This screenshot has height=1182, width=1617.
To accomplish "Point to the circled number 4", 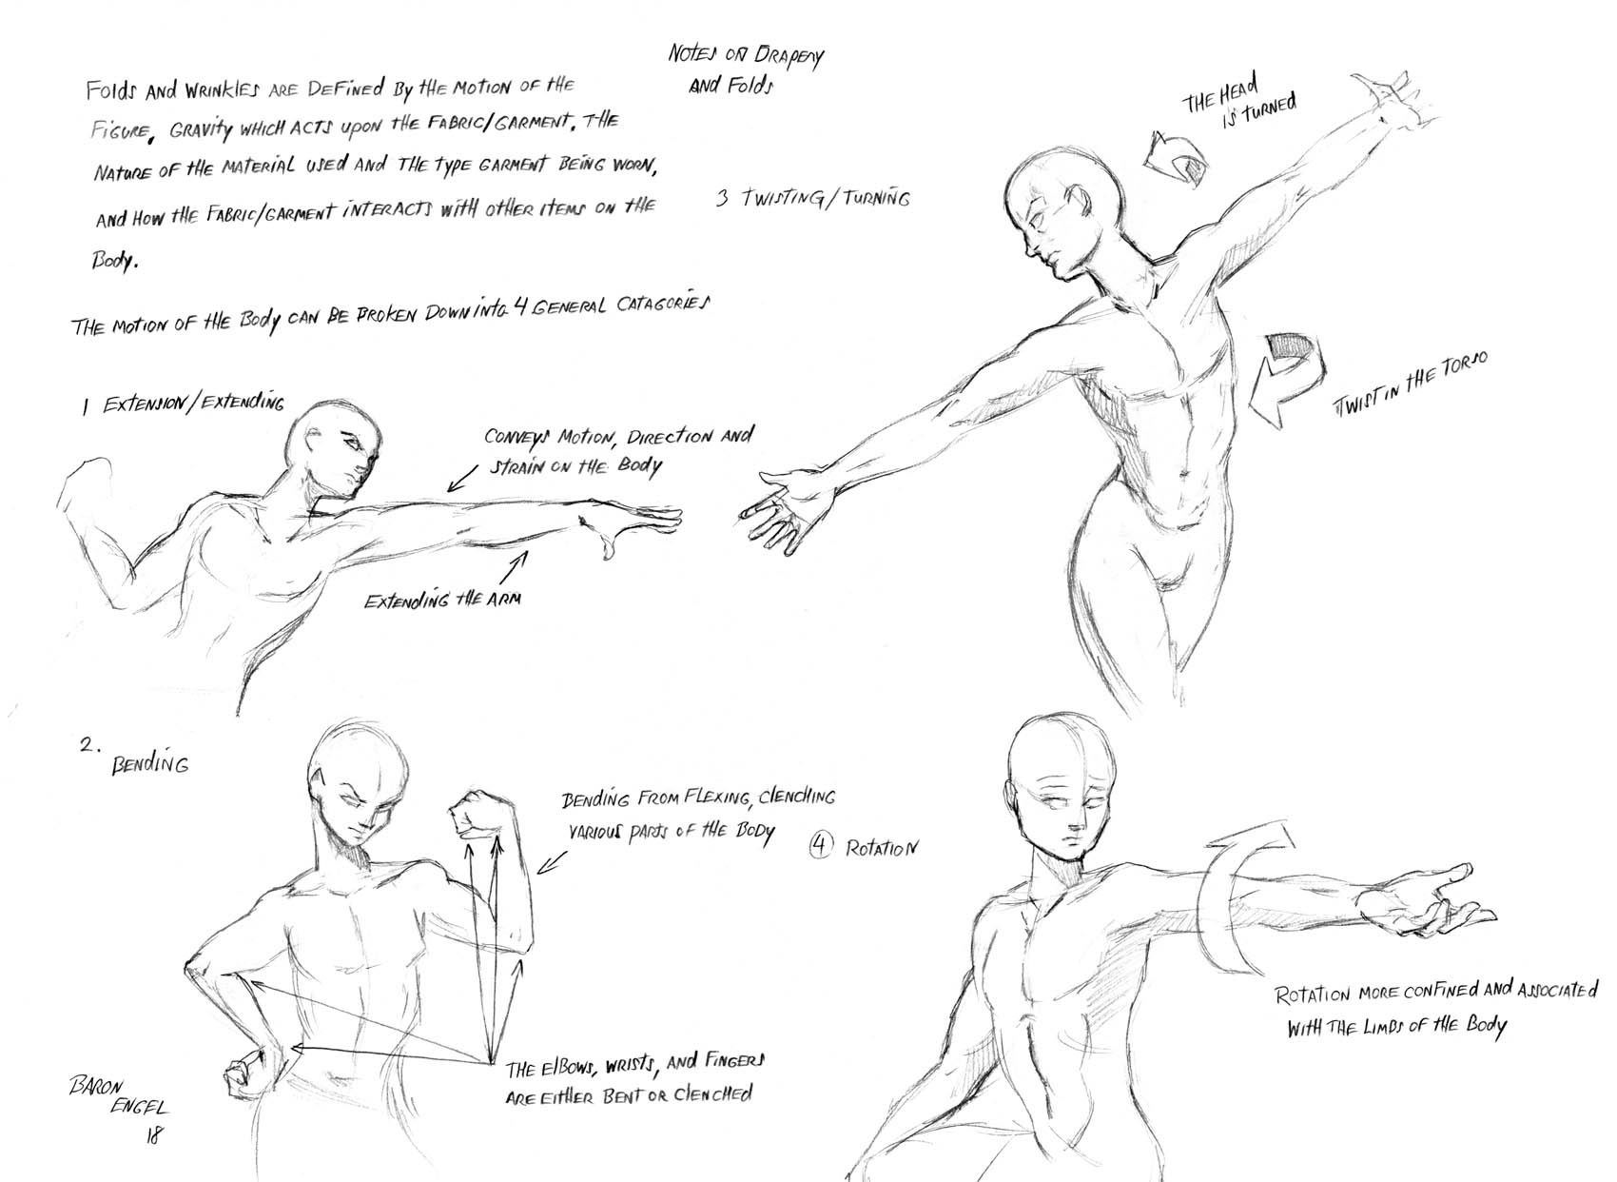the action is pyautogui.click(x=821, y=846).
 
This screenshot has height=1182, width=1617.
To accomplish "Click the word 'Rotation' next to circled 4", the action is pyautogui.click(x=882, y=848).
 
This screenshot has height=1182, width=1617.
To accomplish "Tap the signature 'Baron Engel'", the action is pyautogui.click(x=118, y=1096).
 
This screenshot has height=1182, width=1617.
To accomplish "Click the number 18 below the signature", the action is pyautogui.click(x=154, y=1135).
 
